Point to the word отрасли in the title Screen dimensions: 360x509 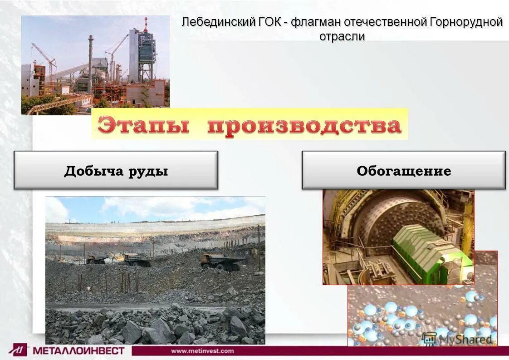pos(342,37)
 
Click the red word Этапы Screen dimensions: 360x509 pos(143,125)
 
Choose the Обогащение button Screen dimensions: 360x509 pos(403,171)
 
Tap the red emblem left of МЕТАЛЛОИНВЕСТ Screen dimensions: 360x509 pos(19,350)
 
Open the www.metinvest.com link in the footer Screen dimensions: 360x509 pos(202,351)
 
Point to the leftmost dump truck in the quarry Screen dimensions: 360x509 pos(97,259)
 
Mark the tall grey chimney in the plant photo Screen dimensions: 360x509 pos(91,64)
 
